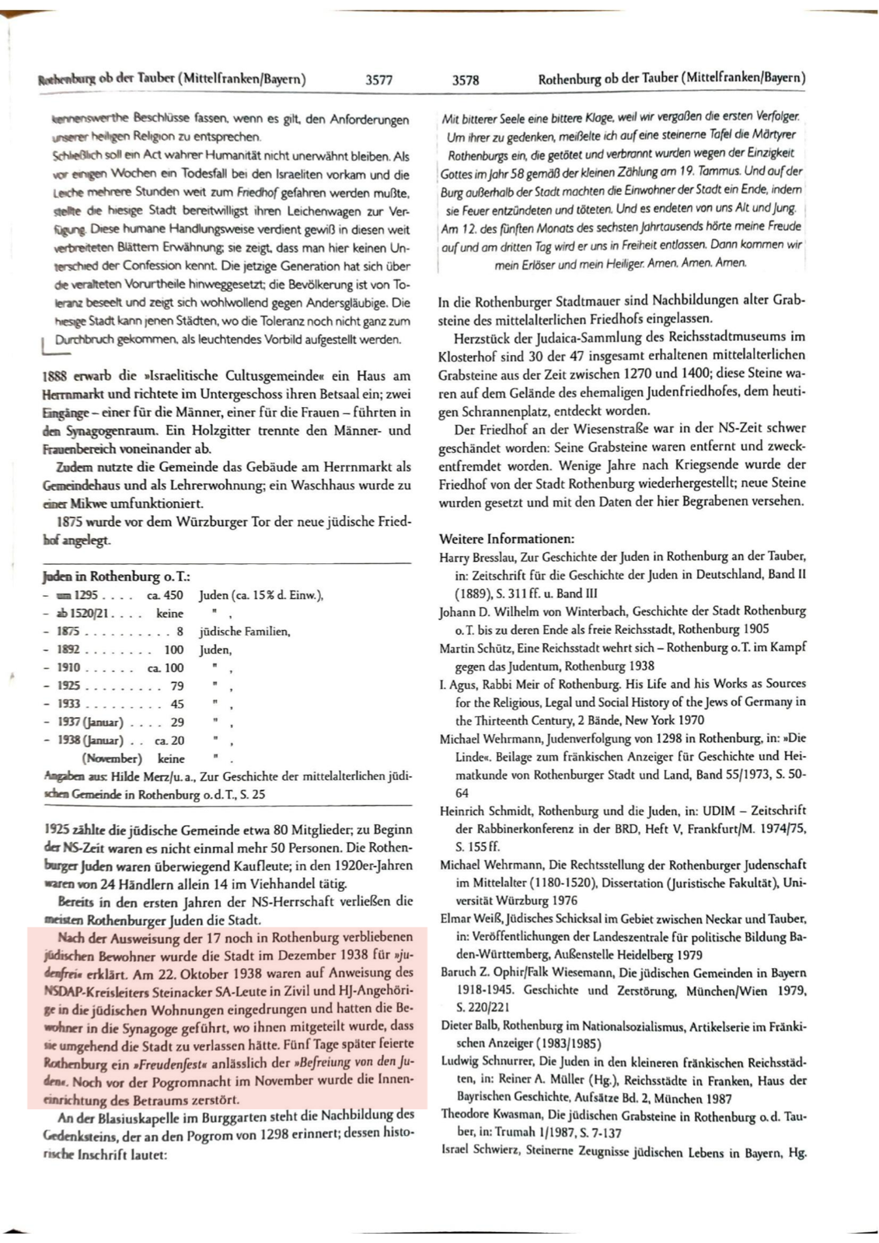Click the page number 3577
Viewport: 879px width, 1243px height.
pos(378,79)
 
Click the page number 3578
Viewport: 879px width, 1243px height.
pos(466,79)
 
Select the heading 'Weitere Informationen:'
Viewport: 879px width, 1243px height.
pos(507,538)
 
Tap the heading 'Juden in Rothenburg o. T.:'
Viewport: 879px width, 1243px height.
pos(117,576)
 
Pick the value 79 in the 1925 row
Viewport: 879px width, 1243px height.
pos(177,686)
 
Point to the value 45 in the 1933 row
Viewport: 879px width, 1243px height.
pos(177,704)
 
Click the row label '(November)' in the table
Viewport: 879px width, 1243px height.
pos(112,758)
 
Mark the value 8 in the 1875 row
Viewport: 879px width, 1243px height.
pos(180,632)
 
